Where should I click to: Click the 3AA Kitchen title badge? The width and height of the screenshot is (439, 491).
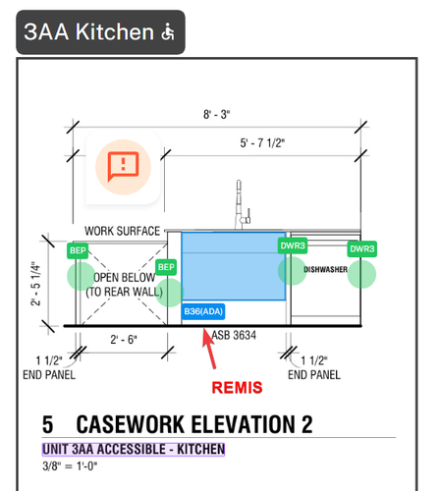tap(100, 32)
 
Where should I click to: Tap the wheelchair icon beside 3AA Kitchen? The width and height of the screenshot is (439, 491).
tap(168, 31)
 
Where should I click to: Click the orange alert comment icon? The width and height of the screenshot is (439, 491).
tap(123, 167)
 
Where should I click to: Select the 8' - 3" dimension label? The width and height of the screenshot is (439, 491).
tap(217, 115)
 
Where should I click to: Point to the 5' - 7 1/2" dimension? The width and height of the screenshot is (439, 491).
tap(262, 143)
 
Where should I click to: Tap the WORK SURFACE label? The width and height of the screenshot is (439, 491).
tap(122, 231)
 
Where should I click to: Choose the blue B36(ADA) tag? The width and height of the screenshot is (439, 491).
tap(203, 311)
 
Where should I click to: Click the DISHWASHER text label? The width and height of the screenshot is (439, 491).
tap(325, 269)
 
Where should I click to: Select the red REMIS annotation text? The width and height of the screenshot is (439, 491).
tap(237, 388)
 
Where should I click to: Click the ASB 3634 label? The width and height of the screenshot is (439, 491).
tap(234, 335)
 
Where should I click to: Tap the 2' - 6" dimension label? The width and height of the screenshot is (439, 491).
tap(124, 340)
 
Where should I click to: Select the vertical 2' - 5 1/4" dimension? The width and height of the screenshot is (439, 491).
tap(35, 284)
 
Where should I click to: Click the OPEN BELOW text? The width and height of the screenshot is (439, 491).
tap(125, 277)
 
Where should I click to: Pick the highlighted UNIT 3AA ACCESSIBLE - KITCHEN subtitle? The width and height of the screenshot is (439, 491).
tap(134, 449)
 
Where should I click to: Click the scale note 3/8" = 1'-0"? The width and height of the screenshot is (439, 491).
tap(70, 465)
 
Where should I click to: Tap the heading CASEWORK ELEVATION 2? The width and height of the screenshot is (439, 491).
tap(194, 424)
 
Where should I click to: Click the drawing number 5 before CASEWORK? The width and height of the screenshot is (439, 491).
tap(48, 424)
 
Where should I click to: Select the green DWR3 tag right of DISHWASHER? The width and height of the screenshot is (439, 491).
tap(362, 249)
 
